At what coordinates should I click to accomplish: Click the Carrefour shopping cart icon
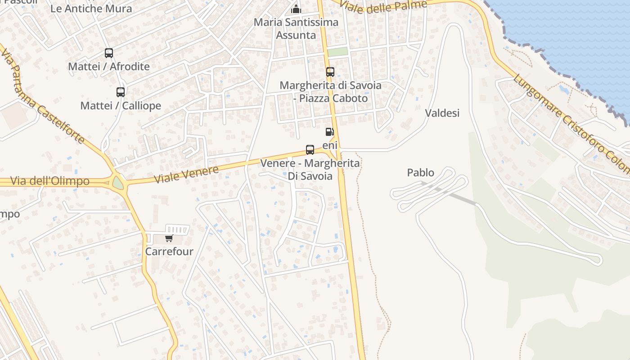[x=169, y=238]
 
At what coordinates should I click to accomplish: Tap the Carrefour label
[x=169, y=252]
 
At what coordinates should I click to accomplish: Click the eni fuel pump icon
[x=330, y=132]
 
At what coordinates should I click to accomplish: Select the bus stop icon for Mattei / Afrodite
[x=109, y=53]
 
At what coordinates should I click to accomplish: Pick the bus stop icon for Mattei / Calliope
[x=121, y=92]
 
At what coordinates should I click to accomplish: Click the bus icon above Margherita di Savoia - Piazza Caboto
[x=330, y=72]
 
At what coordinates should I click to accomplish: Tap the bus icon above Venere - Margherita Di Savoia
[x=310, y=150]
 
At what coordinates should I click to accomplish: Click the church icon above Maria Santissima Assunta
[x=296, y=9]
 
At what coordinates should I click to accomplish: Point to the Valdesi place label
[x=442, y=113]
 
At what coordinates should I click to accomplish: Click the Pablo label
[x=421, y=172]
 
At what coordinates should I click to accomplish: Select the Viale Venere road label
[x=186, y=174]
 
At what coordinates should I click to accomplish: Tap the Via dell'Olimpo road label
[x=50, y=181]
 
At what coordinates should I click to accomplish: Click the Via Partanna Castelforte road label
[x=43, y=97]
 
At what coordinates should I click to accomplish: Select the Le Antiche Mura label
[x=91, y=9]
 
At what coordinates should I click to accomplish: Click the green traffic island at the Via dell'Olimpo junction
[x=118, y=183]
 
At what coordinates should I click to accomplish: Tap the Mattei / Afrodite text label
[x=109, y=67]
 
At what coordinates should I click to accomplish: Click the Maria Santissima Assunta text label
[x=296, y=28]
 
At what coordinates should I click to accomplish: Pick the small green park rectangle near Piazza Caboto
[x=337, y=52]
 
